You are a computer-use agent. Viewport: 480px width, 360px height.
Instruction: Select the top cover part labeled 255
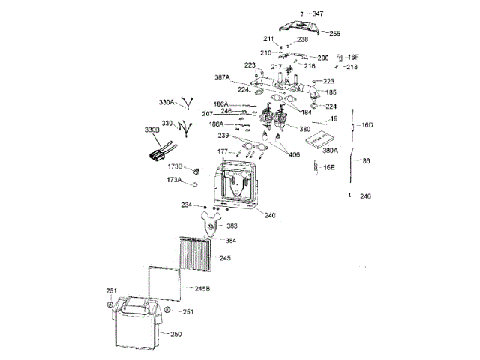click(301, 29)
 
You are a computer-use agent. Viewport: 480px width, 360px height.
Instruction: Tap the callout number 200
click(323, 58)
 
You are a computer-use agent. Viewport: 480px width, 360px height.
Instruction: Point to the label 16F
click(353, 57)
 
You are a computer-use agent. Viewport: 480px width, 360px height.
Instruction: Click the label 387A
click(222, 77)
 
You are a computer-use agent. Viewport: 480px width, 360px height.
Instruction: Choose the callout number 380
click(304, 128)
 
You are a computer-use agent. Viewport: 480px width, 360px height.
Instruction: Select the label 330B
click(151, 130)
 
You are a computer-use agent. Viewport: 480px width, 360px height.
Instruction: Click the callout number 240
click(269, 215)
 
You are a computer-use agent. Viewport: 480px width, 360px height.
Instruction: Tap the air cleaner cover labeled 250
click(134, 322)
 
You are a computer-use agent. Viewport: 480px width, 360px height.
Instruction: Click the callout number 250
click(175, 334)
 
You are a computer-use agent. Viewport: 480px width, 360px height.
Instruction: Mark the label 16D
click(367, 124)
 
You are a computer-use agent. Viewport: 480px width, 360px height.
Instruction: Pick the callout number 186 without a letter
click(364, 160)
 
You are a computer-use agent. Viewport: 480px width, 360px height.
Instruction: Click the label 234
click(186, 204)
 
